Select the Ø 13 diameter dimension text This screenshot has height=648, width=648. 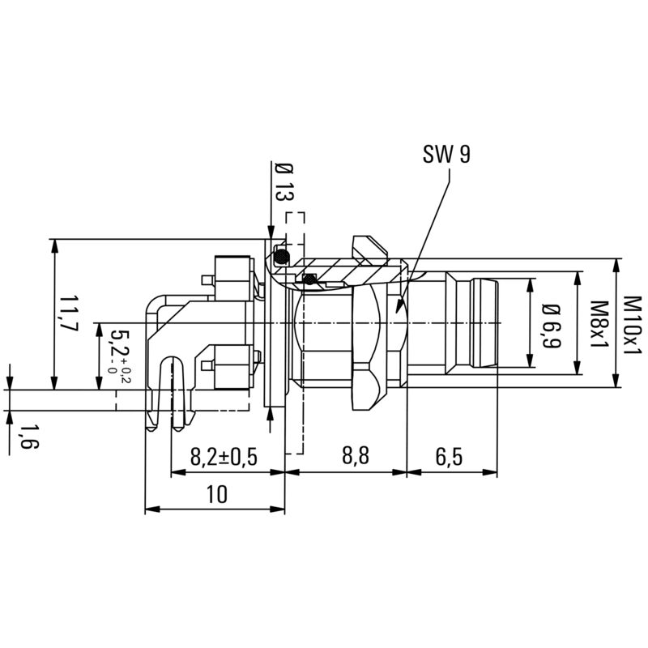pos(283,182)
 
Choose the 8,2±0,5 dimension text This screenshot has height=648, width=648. pos(224,457)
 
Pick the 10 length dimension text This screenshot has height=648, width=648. pos(216,494)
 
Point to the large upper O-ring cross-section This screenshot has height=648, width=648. pos(281,258)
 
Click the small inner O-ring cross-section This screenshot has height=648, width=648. pos(309,279)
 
